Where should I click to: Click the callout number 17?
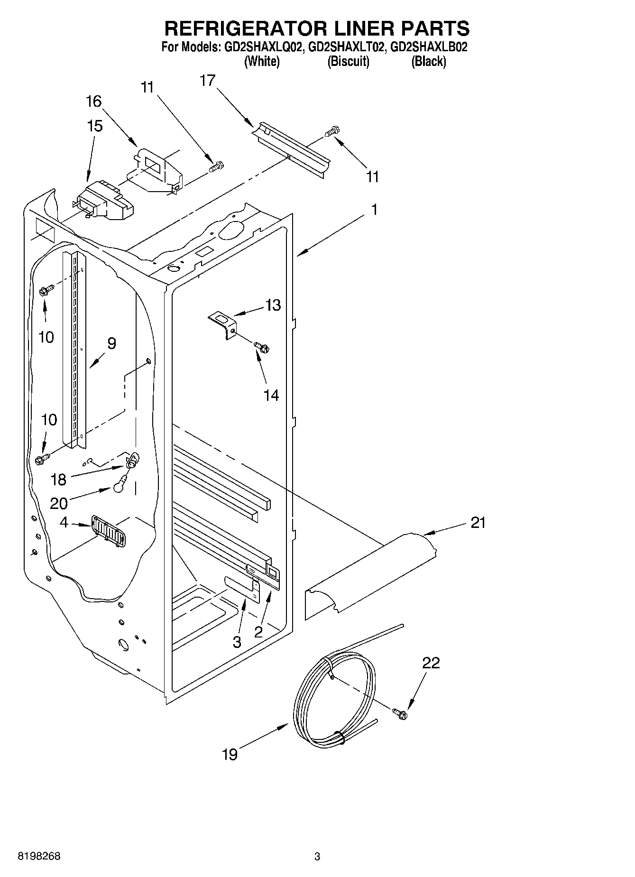pos(207,81)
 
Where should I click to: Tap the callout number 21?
pos(478,523)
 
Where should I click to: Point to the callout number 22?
pos(431,663)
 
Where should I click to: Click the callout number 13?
pos(273,305)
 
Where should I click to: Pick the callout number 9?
pos(111,343)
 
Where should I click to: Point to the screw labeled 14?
pos(262,348)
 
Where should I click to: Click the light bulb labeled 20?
pos(120,485)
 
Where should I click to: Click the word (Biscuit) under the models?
pos(348,62)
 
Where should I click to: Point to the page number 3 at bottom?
pos(317,857)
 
